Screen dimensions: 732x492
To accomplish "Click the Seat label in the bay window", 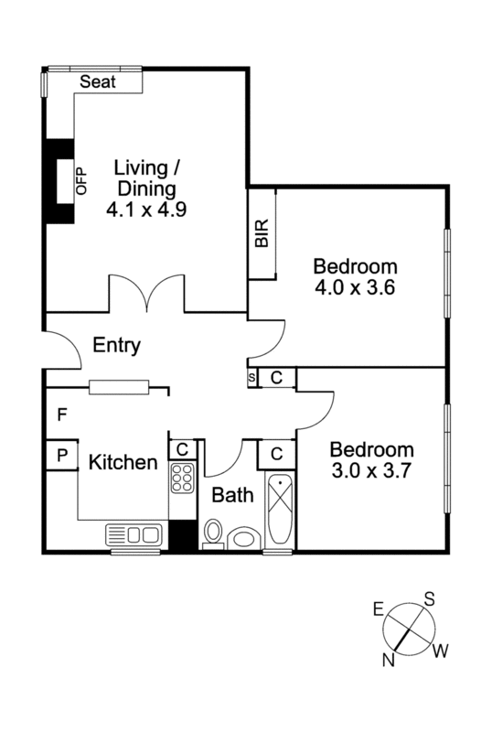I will (98, 81).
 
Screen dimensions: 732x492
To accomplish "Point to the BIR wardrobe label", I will (262, 234).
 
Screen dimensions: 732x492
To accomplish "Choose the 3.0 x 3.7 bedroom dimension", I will (371, 469).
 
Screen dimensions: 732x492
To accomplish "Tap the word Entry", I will (117, 346).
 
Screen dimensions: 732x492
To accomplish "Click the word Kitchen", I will (123, 463).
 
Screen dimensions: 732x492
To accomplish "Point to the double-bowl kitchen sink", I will (134, 534).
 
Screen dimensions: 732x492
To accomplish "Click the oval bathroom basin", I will (243, 537).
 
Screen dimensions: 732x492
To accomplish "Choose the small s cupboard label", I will (251, 377).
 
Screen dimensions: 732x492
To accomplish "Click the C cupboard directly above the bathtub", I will (276, 453).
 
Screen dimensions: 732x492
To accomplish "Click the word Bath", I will (232, 496).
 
